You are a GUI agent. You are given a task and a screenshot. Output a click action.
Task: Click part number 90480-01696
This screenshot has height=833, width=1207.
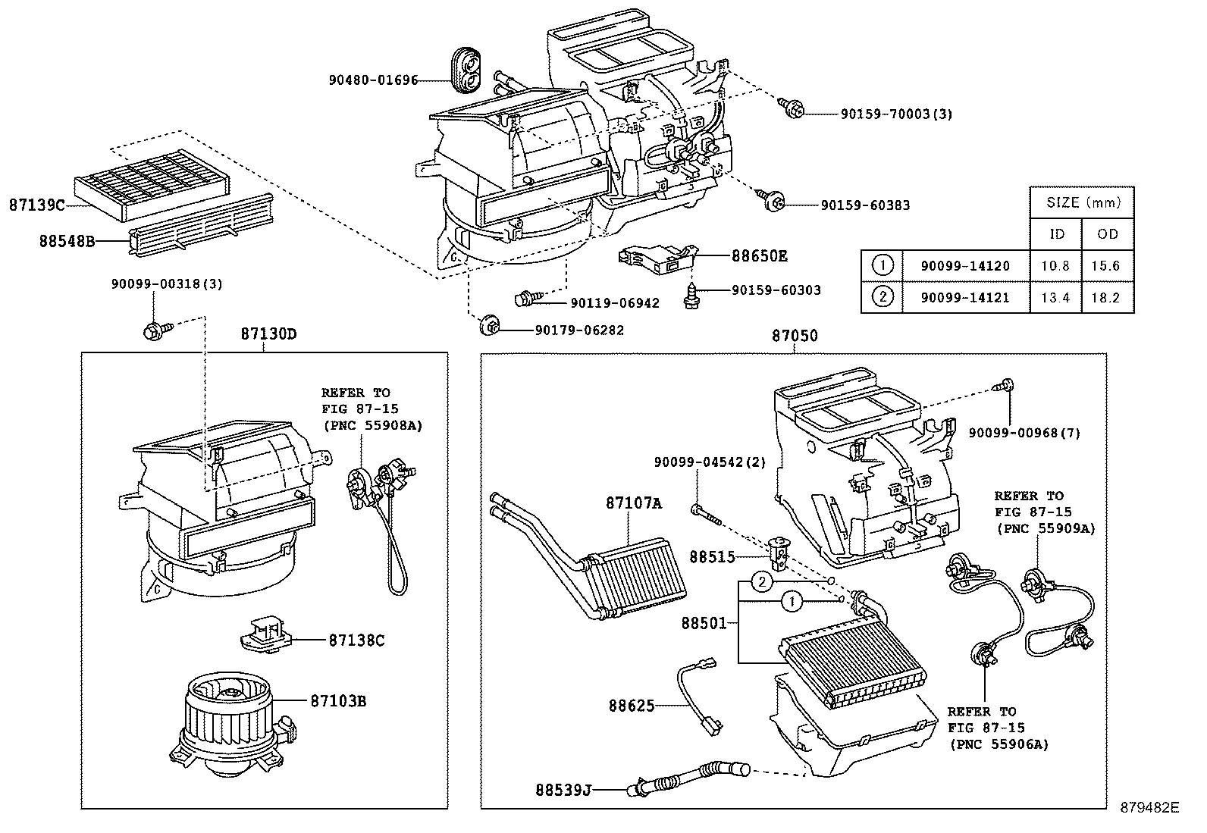coord(373,80)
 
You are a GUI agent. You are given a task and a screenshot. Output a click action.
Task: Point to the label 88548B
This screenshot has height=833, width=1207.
coord(67,241)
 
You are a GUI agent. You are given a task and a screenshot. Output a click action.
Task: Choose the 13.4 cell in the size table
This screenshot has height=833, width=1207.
coord(1055,297)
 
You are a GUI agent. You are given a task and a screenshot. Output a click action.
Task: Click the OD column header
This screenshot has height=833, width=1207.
coord(1108,234)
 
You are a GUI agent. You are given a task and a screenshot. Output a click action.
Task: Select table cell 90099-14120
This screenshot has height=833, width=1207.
coord(965,266)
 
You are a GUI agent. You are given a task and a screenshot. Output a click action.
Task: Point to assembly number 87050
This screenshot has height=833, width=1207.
coord(795,335)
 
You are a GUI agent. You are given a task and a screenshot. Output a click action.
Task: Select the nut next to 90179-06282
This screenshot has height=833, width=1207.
coord(486,328)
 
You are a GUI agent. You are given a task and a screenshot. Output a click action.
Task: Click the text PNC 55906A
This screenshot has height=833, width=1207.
coord(999,744)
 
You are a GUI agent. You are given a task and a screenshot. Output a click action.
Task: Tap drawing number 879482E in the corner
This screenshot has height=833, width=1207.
coord(1150,808)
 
